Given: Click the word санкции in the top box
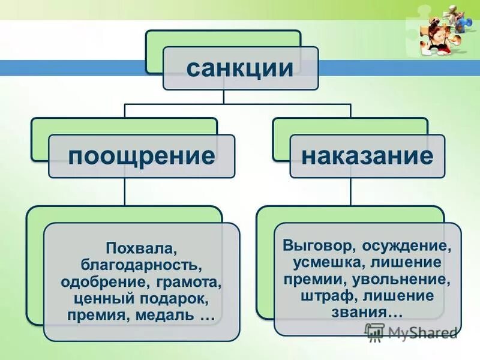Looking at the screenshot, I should (x=239, y=67).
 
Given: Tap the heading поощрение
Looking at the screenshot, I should (x=141, y=156).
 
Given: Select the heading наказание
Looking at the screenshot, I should (x=367, y=156).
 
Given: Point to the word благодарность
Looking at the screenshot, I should (x=142, y=264).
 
